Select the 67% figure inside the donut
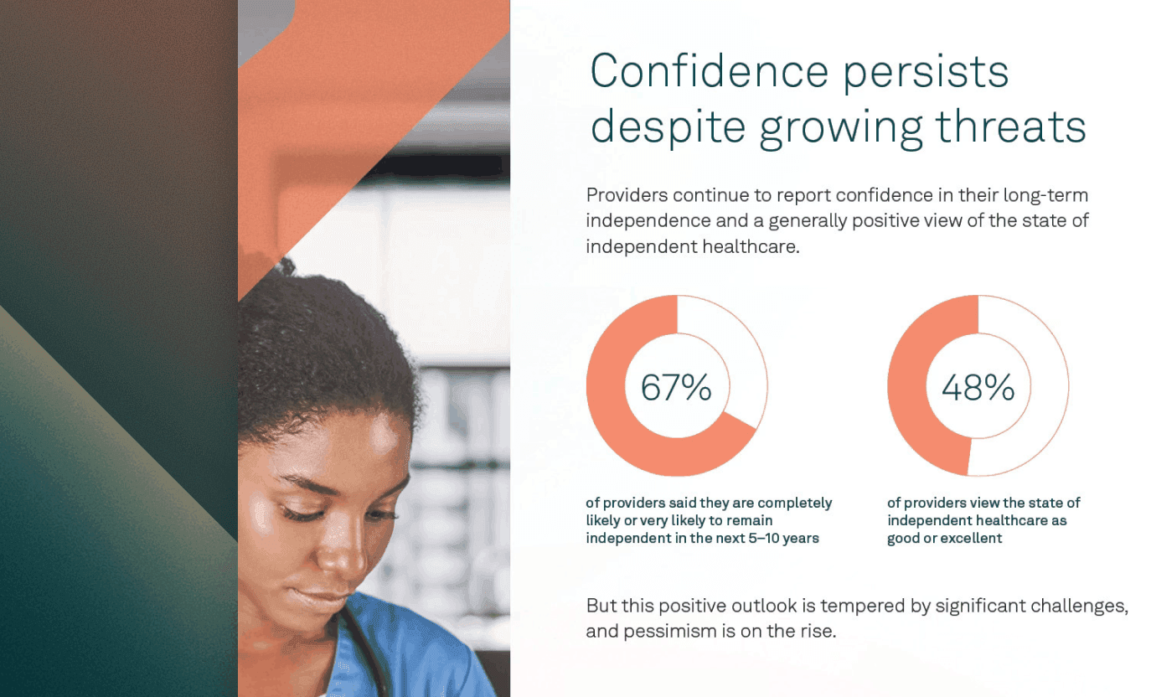[676, 388]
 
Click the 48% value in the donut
[978, 388]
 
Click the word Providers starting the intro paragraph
[626, 196]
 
